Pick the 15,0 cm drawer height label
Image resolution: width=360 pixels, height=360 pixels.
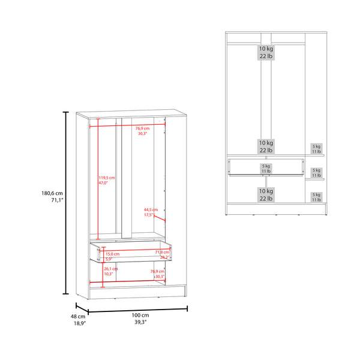[x=113, y=256]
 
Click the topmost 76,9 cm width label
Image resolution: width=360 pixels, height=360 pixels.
[x=142, y=131]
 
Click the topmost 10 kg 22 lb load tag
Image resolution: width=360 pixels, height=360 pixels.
[x=266, y=52]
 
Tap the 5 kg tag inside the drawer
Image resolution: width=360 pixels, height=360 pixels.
[x=265, y=169]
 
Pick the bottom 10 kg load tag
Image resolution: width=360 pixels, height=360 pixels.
[x=266, y=194]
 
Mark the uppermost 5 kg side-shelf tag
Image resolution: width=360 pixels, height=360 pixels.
[x=316, y=149]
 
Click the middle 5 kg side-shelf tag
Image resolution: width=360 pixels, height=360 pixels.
[x=316, y=173]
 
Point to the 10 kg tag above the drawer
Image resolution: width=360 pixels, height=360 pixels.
[x=266, y=147]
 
